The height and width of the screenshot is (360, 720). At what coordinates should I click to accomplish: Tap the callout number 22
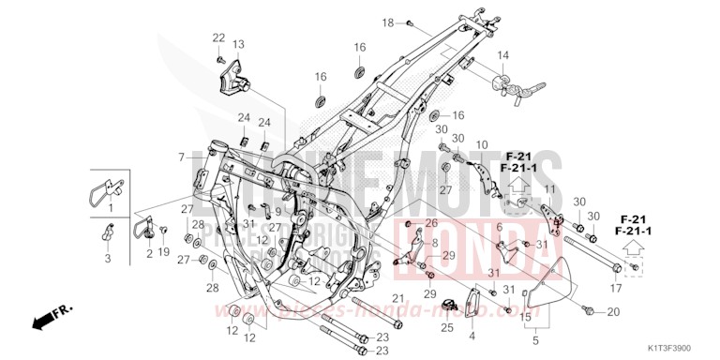point(218,37)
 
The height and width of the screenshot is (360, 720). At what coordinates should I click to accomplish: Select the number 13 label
point(238,44)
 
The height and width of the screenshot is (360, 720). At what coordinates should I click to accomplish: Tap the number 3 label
point(107,257)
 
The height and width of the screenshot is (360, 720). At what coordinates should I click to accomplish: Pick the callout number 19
point(164,252)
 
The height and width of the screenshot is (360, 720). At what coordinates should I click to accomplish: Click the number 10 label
point(482,144)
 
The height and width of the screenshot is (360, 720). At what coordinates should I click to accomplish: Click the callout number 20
point(614,311)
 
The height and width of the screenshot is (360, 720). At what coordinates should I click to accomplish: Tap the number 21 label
point(397,298)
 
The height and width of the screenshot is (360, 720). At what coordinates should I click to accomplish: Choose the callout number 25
point(447,328)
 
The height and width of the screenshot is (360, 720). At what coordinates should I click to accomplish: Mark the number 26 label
point(431,222)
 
